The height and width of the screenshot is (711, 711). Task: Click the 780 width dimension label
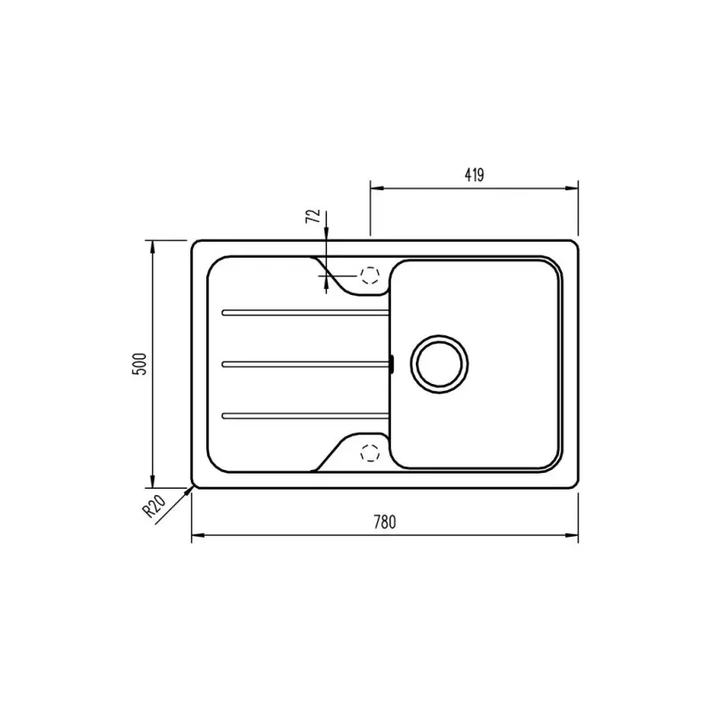point(384,523)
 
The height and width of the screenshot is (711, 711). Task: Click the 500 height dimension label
point(138,363)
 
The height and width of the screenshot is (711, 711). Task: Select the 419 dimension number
point(473,175)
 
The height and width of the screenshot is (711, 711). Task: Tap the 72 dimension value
point(312,219)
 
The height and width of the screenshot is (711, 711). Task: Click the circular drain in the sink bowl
point(438,363)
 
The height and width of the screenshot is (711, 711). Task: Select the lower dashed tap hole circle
point(369,451)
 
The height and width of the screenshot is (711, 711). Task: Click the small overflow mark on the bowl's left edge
point(390,362)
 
